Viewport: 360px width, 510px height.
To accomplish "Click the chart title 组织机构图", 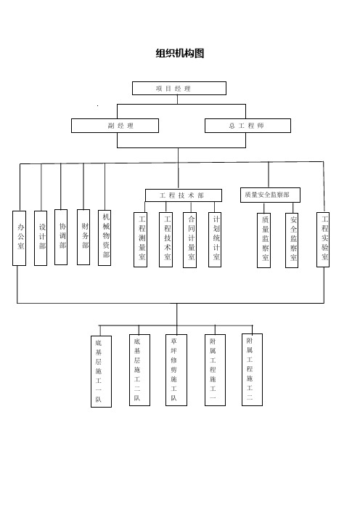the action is click(180, 53).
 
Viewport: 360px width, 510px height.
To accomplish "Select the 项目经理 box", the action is click(179, 88).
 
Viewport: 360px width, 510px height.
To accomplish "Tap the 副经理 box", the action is click(115, 126).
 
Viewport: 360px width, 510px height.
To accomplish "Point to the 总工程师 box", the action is click(247, 126).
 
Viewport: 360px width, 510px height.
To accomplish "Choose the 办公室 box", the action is click(19, 238).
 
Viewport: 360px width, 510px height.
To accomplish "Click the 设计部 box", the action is click(41, 238).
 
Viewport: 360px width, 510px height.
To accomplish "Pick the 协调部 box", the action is click(61, 237).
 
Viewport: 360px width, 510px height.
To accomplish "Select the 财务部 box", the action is click(83, 237).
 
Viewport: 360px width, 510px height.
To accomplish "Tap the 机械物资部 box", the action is click(105, 238).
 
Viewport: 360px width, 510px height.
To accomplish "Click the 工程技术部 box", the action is click(184, 195).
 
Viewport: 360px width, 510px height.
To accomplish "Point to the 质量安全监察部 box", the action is click(270, 195).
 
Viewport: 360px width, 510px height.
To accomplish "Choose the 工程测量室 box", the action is click(140, 240).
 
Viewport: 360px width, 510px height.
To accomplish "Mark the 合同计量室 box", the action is click(189, 240).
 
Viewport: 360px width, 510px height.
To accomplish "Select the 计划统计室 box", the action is click(215, 240).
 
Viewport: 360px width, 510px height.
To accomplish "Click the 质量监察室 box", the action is click(263, 240).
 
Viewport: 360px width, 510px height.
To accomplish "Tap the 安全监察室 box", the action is click(292, 240).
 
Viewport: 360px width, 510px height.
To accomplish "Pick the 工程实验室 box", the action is click(323, 240).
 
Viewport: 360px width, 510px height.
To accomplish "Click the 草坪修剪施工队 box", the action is click(176, 370).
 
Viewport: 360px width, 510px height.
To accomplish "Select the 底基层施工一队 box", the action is click(102, 371).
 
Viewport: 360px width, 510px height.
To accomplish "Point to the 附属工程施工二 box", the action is click(252, 370).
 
